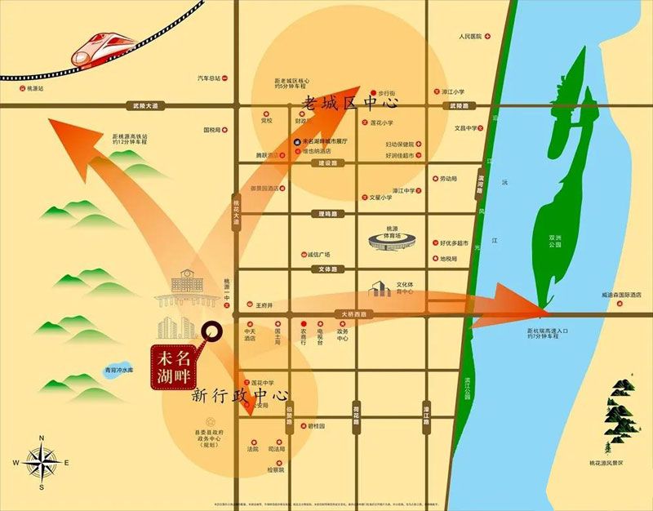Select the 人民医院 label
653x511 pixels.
tap(471, 37)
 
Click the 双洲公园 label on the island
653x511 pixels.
tap(554, 243)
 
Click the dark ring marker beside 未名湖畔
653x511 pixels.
tap(212, 332)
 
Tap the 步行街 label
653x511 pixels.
tap(387, 94)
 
